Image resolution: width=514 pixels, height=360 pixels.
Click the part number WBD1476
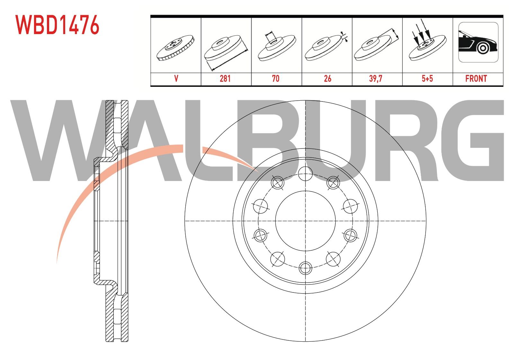(57, 25)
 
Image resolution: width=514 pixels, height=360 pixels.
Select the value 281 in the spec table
(225, 78)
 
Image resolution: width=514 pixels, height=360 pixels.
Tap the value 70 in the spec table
(276, 78)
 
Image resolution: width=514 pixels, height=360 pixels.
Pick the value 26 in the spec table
(327, 78)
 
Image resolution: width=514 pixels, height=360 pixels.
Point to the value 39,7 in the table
(376, 78)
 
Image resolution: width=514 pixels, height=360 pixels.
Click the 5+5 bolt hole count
(427, 78)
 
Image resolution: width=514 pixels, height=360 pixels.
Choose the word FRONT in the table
(476, 78)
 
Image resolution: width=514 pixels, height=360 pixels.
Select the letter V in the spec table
(176, 78)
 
